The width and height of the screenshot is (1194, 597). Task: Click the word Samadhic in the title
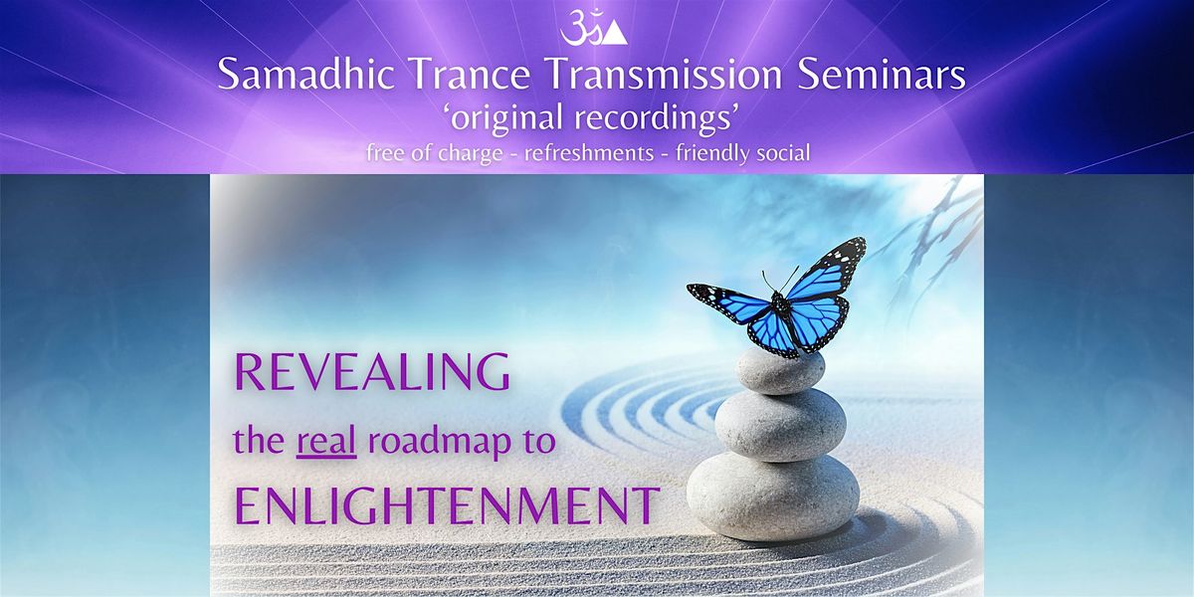point(306,75)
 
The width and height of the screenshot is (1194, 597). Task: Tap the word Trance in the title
point(471,75)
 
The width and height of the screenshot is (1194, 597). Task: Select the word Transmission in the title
point(665,75)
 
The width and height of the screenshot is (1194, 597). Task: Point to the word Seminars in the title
point(882,75)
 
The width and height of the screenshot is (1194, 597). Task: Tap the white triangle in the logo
point(616,34)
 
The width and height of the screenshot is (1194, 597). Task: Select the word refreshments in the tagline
point(589,153)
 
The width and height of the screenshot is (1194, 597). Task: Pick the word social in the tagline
point(780,153)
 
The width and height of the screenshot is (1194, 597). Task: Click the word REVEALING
point(372,371)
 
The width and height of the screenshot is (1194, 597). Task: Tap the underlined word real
point(326,442)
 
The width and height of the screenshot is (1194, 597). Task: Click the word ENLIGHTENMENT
point(447,505)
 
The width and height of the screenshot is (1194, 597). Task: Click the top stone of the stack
point(779,371)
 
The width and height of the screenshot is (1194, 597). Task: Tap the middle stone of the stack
point(780,426)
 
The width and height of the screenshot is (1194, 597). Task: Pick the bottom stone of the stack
point(773,497)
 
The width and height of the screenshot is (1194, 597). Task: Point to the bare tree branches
point(933,240)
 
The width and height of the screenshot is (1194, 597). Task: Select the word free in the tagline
point(384,153)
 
